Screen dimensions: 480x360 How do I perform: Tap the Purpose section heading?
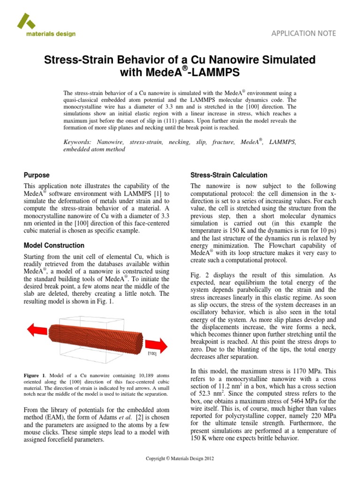point(37,175)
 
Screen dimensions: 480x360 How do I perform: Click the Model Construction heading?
point(54,245)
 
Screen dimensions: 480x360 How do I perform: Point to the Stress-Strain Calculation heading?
point(229,175)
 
